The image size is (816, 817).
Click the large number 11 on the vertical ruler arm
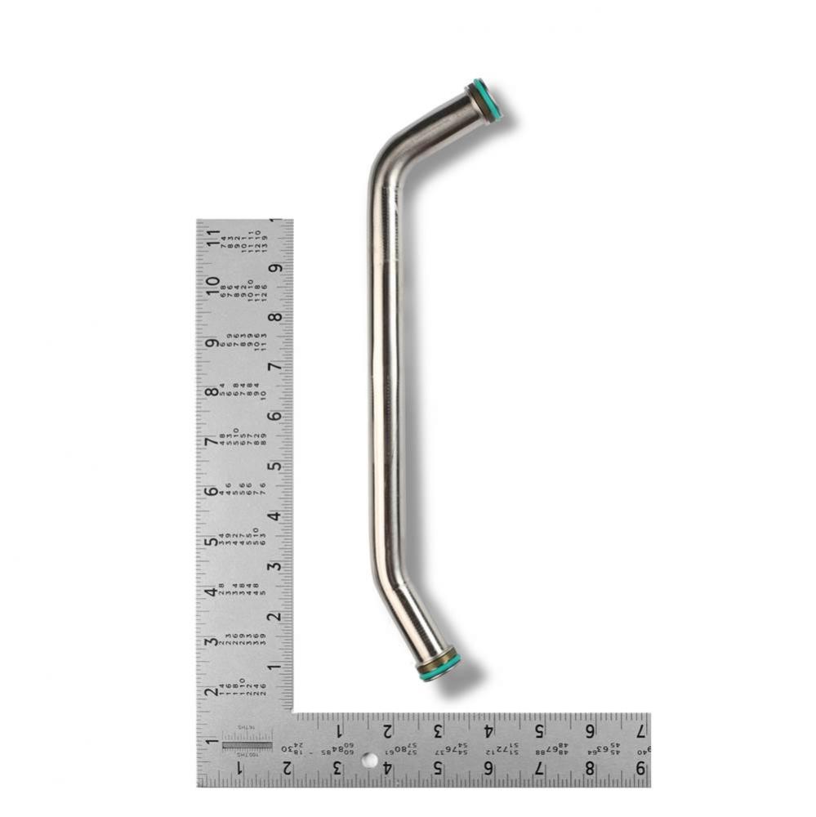(x=213, y=238)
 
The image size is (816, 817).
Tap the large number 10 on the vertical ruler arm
(x=213, y=286)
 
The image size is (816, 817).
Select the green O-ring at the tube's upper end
(x=488, y=100)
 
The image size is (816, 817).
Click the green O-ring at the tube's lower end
(x=439, y=666)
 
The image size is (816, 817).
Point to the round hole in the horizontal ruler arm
(x=370, y=761)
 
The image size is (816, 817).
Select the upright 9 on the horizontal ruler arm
(x=640, y=768)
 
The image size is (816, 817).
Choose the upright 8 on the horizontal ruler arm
(x=589, y=768)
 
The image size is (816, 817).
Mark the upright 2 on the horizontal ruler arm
(x=287, y=768)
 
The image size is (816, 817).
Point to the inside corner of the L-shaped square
(x=293, y=712)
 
